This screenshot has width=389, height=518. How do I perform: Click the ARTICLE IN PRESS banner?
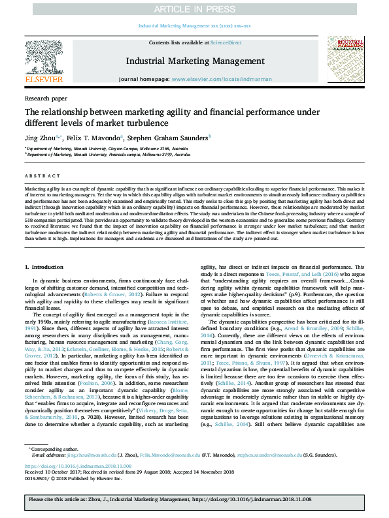pos(194,8)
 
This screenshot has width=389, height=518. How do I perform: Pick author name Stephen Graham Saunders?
pos(168,138)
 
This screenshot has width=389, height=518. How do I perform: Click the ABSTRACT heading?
pos(41,175)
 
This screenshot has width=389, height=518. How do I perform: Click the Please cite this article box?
pos(194,500)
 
